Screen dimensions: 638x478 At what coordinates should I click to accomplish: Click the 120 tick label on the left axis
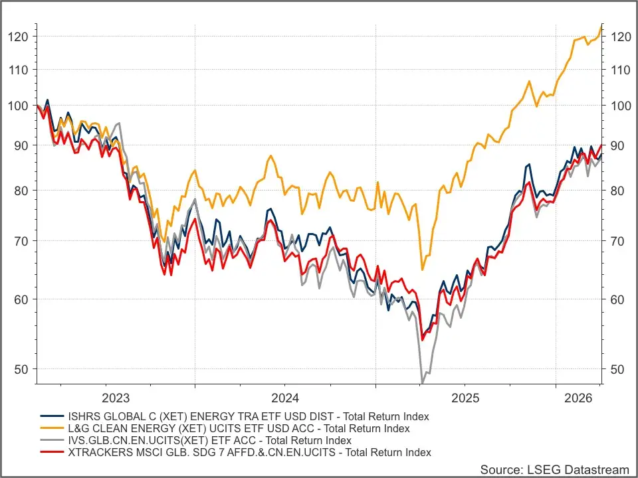click(19, 37)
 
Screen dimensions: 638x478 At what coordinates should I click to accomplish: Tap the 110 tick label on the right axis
click(621, 70)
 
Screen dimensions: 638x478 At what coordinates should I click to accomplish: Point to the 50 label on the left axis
click(21, 370)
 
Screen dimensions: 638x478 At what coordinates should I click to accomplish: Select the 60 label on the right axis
click(617, 299)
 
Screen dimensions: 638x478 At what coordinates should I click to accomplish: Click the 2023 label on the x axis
click(116, 398)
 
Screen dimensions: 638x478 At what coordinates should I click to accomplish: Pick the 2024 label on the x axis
click(285, 398)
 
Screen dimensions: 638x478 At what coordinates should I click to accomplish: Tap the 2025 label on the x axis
click(465, 398)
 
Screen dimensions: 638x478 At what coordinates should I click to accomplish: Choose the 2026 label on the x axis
click(578, 398)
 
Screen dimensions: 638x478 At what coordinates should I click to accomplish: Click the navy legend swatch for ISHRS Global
click(52, 416)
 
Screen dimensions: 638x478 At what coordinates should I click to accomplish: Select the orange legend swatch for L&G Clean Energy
click(52, 428)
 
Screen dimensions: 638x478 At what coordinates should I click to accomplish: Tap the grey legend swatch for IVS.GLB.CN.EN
click(52, 440)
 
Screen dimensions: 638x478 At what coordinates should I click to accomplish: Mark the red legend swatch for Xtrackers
click(52, 452)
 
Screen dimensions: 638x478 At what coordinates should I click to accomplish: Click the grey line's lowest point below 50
click(422, 383)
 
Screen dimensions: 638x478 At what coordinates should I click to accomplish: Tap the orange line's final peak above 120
click(601, 26)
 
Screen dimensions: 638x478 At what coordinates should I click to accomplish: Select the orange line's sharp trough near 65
click(423, 270)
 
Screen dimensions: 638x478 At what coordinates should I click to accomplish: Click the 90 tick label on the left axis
click(21, 145)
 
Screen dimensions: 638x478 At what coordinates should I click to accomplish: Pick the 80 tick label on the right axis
click(617, 191)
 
